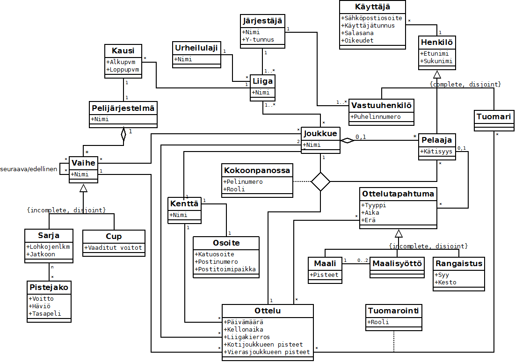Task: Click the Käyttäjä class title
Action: (372, 7)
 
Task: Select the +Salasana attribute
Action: (358, 33)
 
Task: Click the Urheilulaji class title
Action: (196, 48)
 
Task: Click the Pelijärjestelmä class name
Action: (123, 109)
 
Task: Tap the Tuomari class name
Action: (493, 116)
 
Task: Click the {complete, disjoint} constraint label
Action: (465, 84)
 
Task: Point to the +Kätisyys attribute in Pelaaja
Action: (437, 152)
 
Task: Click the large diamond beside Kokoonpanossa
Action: (321, 181)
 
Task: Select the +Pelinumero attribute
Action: (243, 181)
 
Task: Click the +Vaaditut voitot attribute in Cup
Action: (114, 248)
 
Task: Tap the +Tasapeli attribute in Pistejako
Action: (45, 314)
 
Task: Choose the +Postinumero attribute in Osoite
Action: (217, 262)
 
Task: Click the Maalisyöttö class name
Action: (397, 263)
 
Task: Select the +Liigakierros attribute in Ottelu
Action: (247, 337)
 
